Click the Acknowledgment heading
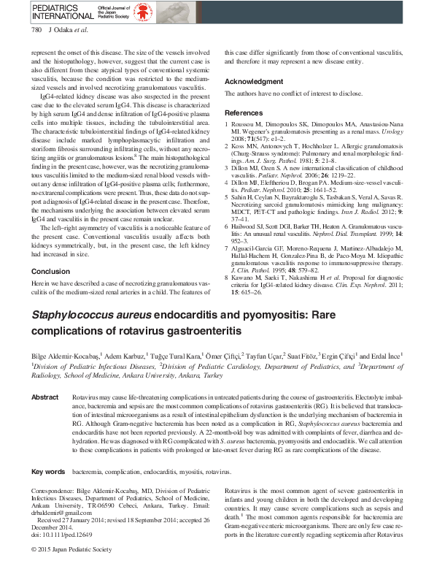point(253,81)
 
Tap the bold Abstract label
point(44,397)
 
